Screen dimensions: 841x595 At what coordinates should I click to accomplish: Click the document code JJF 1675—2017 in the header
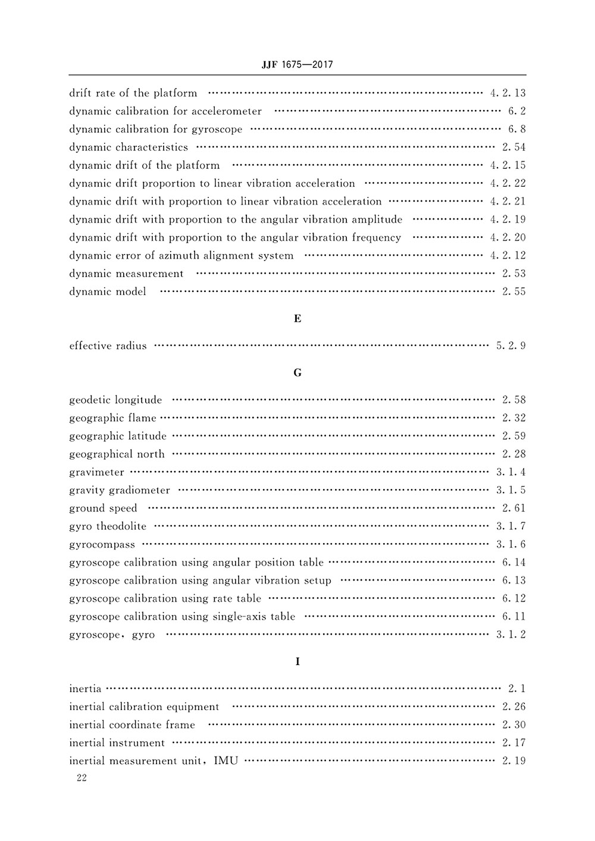point(297,64)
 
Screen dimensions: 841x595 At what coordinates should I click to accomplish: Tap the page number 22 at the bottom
point(82,779)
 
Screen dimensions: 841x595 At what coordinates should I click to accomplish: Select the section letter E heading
point(297,319)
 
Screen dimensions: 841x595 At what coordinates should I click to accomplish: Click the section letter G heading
point(297,373)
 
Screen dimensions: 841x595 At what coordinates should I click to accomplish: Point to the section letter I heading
point(297,661)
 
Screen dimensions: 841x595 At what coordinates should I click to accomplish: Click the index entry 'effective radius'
point(108,346)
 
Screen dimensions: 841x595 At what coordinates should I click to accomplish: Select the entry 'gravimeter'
point(96,472)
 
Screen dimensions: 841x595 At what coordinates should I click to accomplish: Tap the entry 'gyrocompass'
point(102,545)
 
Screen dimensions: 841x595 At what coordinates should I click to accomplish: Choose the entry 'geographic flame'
point(112,418)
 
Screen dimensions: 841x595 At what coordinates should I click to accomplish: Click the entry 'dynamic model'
point(107,291)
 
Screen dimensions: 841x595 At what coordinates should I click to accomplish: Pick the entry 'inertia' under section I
point(85,689)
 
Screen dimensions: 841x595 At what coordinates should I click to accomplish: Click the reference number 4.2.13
point(508,93)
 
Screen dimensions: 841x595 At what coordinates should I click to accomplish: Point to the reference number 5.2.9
point(511,346)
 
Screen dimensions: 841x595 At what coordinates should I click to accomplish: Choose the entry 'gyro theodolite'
point(108,526)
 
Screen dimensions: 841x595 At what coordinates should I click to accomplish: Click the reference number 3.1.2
point(511,635)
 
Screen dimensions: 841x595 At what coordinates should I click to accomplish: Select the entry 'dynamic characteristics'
point(128,147)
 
